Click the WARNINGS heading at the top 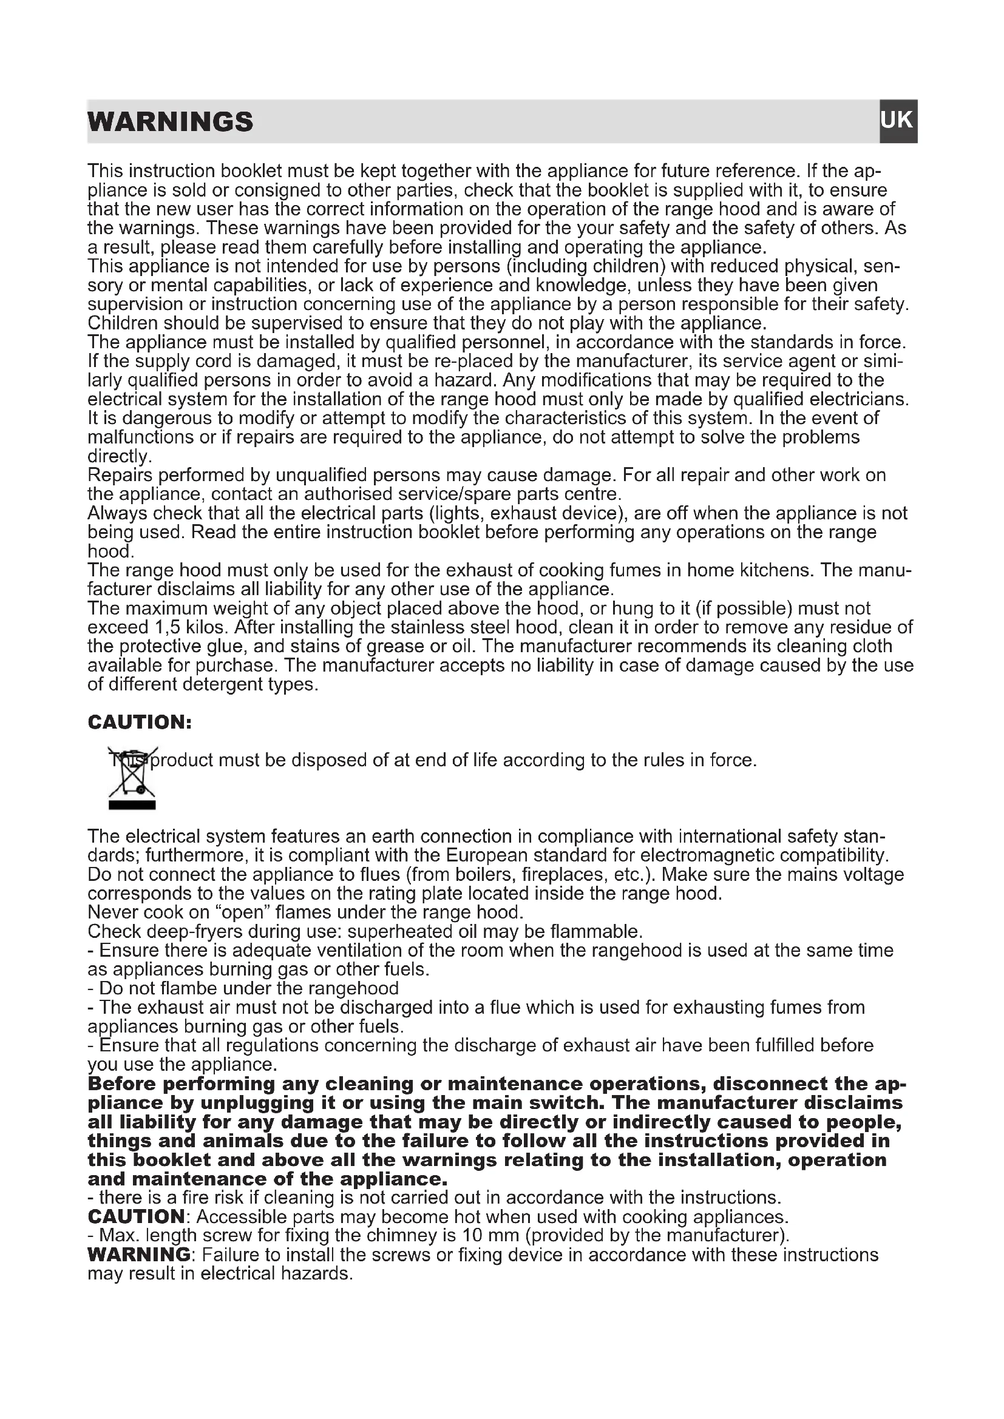170,122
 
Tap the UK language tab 897,121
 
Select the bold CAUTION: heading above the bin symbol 140,722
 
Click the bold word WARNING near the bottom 140,1255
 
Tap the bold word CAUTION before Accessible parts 136,1217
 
